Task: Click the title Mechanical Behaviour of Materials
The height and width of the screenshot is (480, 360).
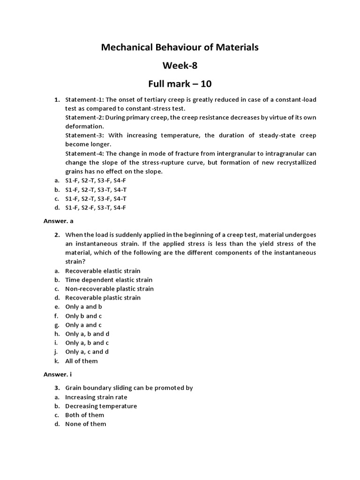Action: [180, 47]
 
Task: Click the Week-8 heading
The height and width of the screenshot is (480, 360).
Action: [180, 66]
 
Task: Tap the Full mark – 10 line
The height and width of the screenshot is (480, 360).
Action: [180, 84]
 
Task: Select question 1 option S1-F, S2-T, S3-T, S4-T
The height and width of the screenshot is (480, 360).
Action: [96, 189]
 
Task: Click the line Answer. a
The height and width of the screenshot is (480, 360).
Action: [58, 217]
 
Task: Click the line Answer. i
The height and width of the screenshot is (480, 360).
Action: [57, 374]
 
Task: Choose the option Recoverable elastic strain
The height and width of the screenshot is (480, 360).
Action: [103, 271]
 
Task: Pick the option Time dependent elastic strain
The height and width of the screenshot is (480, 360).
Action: [109, 280]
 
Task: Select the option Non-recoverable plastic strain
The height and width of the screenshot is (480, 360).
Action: [109, 289]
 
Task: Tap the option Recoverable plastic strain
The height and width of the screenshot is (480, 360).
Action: [103, 298]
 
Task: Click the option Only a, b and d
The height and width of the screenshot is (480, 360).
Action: [87, 334]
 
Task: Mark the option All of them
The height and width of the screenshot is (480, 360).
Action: [81, 361]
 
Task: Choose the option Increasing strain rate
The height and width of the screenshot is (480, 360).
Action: [96, 397]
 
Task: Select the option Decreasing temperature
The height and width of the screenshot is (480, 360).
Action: [101, 406]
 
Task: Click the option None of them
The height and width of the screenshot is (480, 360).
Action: [85, 424]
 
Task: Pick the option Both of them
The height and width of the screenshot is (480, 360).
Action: [84, 415]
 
